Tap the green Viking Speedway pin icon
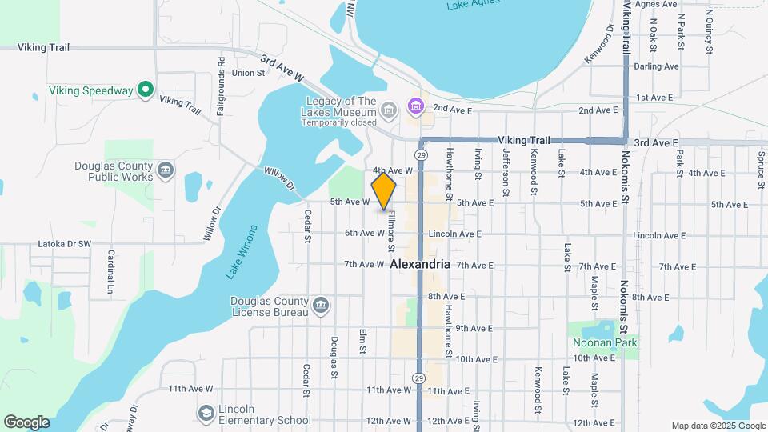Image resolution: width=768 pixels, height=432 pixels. pos(145,90)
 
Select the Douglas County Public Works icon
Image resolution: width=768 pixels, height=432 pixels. pos(166,170)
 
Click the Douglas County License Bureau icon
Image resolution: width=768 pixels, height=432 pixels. pos(320,305)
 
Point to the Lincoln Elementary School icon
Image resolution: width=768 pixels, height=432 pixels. pos(206,413)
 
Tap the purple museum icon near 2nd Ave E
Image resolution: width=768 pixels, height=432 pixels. pos(414,106)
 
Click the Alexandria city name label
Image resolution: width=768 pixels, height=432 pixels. pos(421,264)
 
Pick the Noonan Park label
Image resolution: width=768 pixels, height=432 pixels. pos(604,342)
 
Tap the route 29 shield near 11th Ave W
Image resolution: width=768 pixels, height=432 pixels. pos(420,378)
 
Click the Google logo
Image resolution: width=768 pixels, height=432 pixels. pos(26,422)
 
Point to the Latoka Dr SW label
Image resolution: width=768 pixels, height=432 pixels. pos(65,244)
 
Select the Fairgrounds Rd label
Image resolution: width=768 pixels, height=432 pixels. pos(221,83)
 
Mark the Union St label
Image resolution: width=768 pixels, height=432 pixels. pos(248,73)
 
